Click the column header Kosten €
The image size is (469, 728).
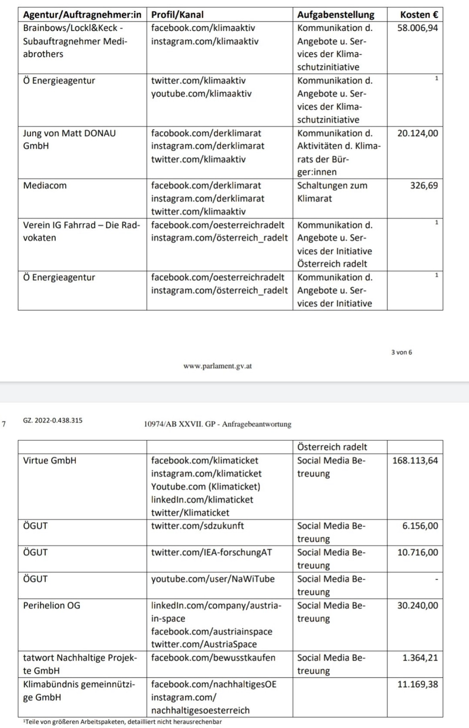pos(419,15)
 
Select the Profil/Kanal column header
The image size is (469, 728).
pos(177,15)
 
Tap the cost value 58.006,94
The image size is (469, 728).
pos(417,28)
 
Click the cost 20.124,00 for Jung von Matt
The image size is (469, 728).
pos(417,133)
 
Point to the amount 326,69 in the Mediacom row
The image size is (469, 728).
pos(424,185)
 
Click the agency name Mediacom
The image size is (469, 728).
pos(45,185)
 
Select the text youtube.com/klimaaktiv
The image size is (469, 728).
pos(201,93)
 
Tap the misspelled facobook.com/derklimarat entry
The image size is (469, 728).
pos(206,133)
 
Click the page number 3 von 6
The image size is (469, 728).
pos(402,352)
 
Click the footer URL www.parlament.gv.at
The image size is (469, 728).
pos(217,366)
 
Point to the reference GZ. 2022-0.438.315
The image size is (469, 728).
pos(53,420)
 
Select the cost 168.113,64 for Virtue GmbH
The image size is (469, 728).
pos(415,460)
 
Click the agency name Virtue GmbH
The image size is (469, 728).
pos(50,460)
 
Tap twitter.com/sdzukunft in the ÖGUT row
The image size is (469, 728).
pos(197,526)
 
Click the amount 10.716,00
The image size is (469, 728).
pos(417,552)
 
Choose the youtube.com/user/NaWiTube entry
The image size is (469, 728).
pos(213,579)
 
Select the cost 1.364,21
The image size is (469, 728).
pos(420,658)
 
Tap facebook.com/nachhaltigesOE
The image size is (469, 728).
pos(213,684)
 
